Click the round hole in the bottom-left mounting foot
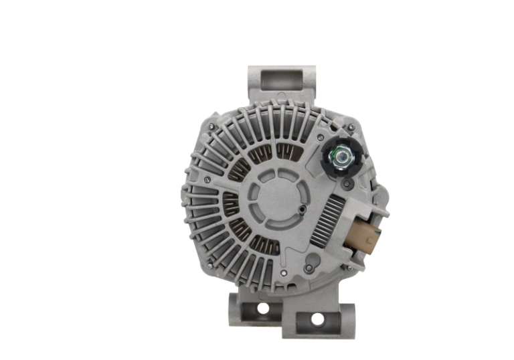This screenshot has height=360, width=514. pyautogui.click(x=262, y=308)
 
